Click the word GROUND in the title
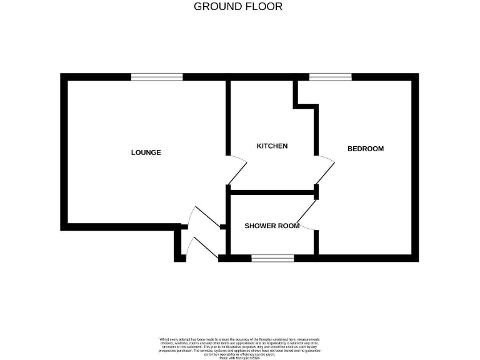tap(216, 7)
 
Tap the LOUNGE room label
tap(146, 152)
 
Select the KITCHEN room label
tap(272, 146)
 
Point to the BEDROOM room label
tap(365, 149)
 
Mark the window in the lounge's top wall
tap(157, 77)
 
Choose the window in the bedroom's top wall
tap(331, 77)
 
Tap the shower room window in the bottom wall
tap(272, 258)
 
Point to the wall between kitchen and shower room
tap(272, 192)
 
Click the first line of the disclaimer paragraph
tap(239, 339)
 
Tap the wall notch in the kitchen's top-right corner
tap(306, 100)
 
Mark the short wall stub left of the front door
tap(180, 245)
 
